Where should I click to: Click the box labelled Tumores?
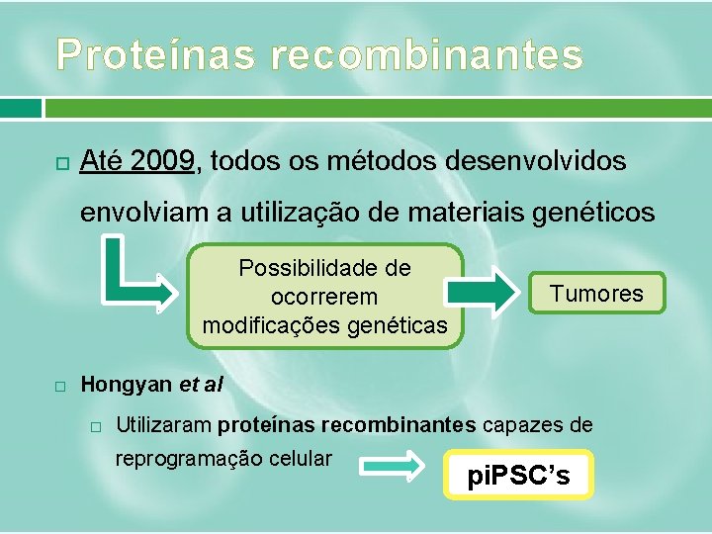point(596,294)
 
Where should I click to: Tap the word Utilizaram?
point(164,425)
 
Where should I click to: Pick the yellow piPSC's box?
point(520,476)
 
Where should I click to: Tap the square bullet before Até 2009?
point(60,161)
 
